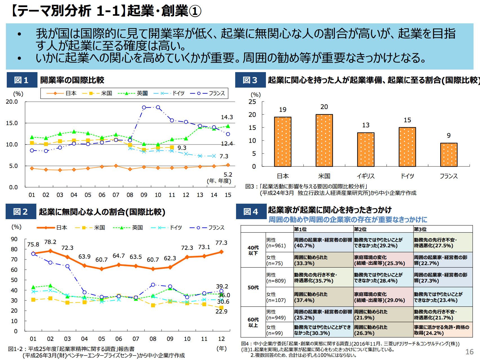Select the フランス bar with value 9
pyautogui.click(x=449, y=155)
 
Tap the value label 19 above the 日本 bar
pyautogui.click(x=283, y=110)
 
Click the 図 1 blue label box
pyautogui.click(x=22, y=80)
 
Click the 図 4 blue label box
pyautogui.click(x=251, y=212)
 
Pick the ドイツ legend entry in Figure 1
pyautogui.click(x=169, y=93)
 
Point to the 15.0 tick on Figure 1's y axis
pyautogui.click(x=12, y=123)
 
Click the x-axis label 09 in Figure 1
pyautogui.click(x=144, y=195)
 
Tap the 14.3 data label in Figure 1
pyautogui.click(x=227, y=117)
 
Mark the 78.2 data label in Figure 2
pyautogui.click(x=50, y=242)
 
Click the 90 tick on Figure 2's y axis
pyautogui.click(x=14, y=239)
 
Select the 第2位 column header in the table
pyautogui.click(x=360, y=229)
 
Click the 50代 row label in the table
pyautogui.click(x=253, y=287)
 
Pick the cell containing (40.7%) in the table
pyautogui.click(x=323, y=243)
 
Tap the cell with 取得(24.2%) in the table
pyautogui.click(x=443, y=330)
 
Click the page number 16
pyautogui.click(x=469, y=352)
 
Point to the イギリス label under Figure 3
pyautogui.click(x=366, y=176)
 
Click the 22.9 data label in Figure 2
pyautogui.click(x=221, y=312)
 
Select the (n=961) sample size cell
pyautogui.click(x=276, y=246)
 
